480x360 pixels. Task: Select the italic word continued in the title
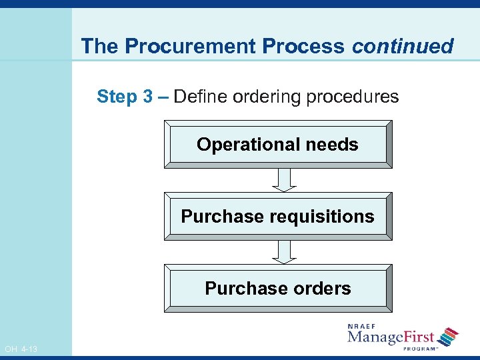pyautogui.click(x=403, y=46)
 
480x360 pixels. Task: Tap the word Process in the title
pyautogui.click(x=305, y=46)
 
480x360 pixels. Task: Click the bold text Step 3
pyautogui.click(x=125, y=97)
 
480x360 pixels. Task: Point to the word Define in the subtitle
pyautogui.click(x=202, y=97)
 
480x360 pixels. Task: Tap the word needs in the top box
pyautogui.click(x=332, y=145)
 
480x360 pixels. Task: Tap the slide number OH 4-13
pyautogui.click(x=21, y=349)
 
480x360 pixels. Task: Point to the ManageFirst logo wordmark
pyautogui.click(x=391, y=337)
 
